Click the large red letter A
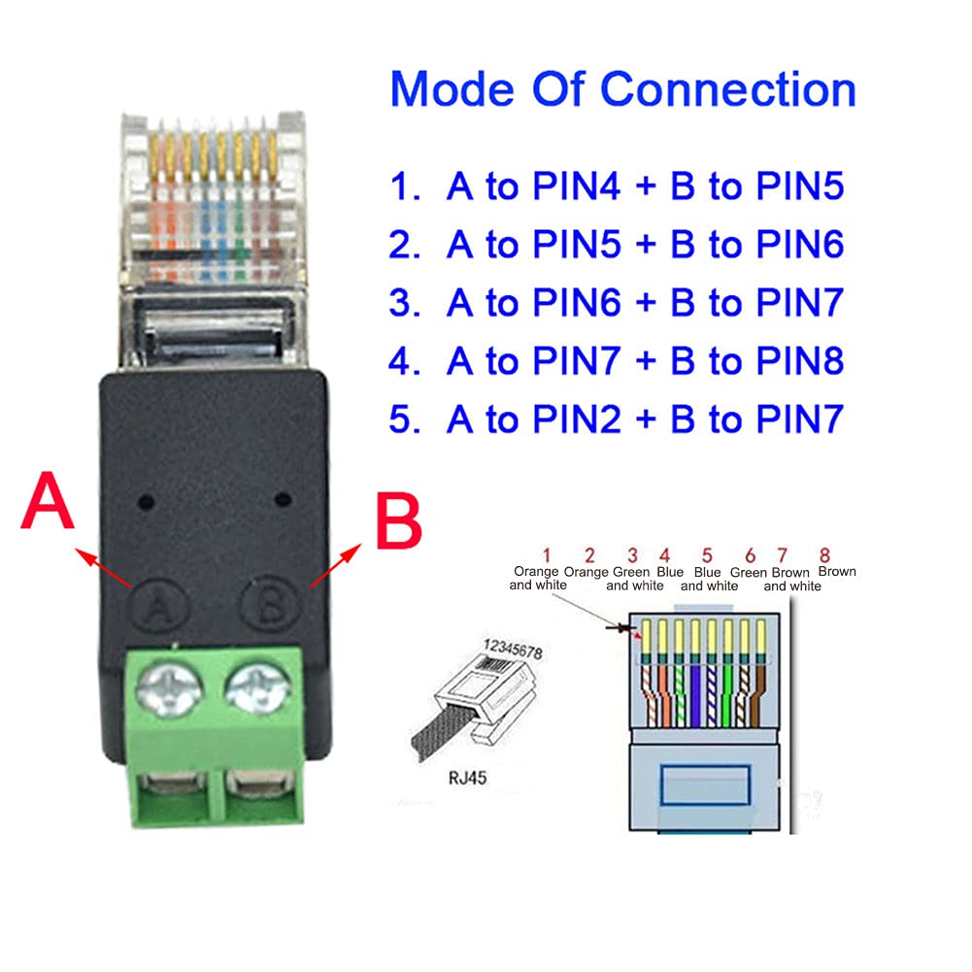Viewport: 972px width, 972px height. click(48, 504)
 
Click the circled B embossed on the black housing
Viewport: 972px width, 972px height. click(265, 607)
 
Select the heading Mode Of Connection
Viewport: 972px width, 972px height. click(622, 89)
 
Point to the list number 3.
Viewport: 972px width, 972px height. click(401, 303)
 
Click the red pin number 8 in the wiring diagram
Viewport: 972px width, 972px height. click(824, 555)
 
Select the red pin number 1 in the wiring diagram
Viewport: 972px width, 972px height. click(547, 555)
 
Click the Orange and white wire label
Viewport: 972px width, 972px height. click(537, 579)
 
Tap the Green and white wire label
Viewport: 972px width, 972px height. click(635, 579)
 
